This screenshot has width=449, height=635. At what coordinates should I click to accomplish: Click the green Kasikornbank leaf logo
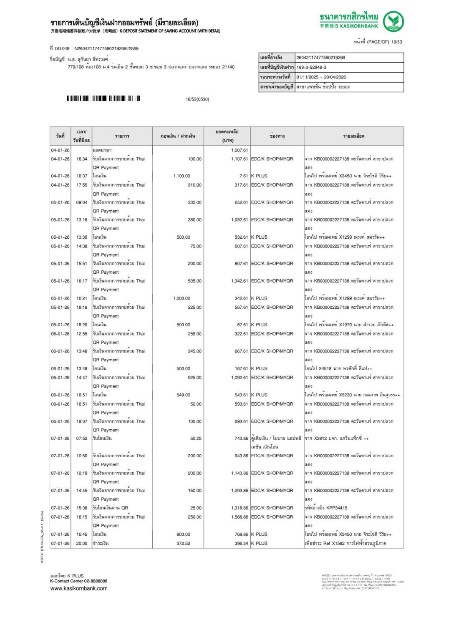pyautogui.click(x=393, y=22)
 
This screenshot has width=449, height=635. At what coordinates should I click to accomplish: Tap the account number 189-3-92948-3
pyautogui.click(x=312, y=67)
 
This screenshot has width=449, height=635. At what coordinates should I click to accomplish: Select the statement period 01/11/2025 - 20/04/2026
pyautogui.click(x=321, y=77)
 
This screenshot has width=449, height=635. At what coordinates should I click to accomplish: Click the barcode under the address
pyautogui.click(x=103, y=98)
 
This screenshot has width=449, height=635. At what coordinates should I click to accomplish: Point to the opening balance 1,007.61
pyautogui.click(x=240, y=150)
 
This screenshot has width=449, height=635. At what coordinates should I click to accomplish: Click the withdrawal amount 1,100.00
pyautogui.click(x=182, y=176)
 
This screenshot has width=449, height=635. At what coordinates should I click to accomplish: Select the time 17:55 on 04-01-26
pyautogui.click(x=82, y=185)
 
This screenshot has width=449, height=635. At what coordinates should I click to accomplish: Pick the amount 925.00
pyautogui.click(x=194, y=378)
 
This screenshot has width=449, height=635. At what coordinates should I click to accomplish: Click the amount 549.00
pyautogui.click(x=183, y=395)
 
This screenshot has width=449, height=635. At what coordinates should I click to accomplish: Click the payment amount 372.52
pyautogui.click(x=183, y=544)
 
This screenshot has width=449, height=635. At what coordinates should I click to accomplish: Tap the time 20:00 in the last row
pyautogui.click(x=82, y=544)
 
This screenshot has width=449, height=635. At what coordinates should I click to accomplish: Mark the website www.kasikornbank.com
pyautogui.click(x=79, y=589)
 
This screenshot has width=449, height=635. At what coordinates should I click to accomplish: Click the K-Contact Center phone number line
pyautogui.click(x=79, y=581)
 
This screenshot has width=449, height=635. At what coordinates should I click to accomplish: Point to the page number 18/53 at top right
pyautogui.click(x=396, y=42)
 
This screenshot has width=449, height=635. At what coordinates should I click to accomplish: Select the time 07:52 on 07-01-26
pyautogui.click(x=82, y=438)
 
